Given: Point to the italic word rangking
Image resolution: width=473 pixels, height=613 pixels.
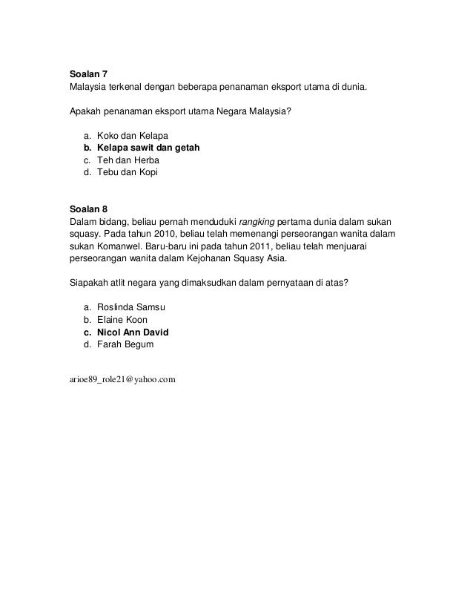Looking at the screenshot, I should click(257, 220).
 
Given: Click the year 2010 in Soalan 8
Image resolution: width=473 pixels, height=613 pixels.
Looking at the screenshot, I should click(167, 233).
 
